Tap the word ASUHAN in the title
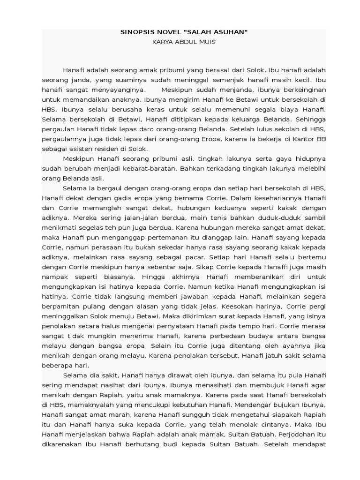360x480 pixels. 230,32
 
